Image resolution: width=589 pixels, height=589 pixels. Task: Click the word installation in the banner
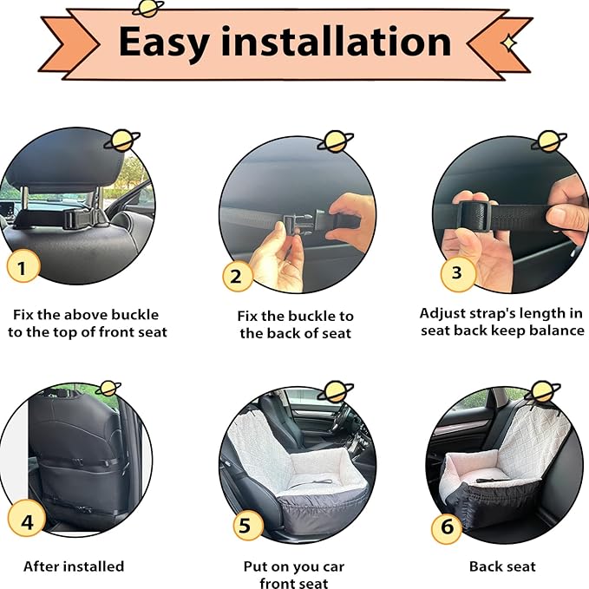tap(337, 41)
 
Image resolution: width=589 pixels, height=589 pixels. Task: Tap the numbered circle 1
tap(23, 266)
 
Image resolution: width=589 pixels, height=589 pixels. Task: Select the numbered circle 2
tap(237, 276)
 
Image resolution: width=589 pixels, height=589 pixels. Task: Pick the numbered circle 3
tap(457, 273)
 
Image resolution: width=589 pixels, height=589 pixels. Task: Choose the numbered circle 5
tap(247, 525)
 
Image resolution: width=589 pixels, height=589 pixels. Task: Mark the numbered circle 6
tap(447, 527)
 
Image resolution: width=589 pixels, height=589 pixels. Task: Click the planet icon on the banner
tap(148, 9)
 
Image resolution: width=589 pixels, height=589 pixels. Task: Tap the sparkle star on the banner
tap(509, 43)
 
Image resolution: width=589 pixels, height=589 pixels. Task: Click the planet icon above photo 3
tap(549, 141)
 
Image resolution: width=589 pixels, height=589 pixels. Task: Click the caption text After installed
tap(74, 566)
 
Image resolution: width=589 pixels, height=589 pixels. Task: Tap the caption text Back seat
tap(502, 566)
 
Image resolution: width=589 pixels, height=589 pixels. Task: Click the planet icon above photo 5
tap(335, 392)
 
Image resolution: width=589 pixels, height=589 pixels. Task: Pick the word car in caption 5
tap(333, 567)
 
